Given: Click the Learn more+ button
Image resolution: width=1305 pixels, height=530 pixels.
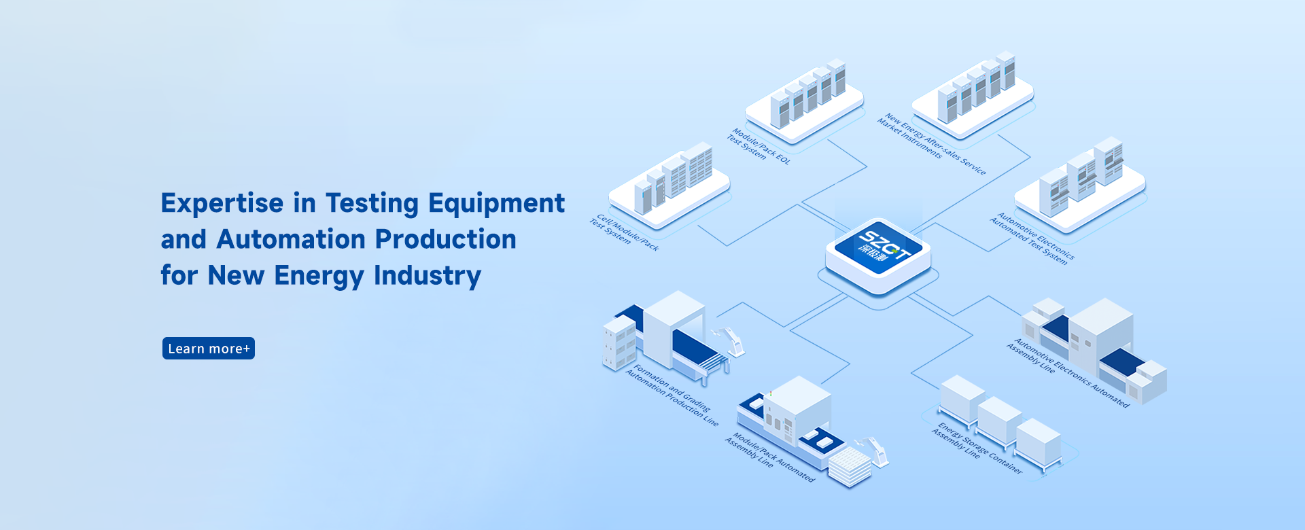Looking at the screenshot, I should [x=208, y=349].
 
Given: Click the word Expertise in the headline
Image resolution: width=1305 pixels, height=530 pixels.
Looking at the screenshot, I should [x=222, y=203].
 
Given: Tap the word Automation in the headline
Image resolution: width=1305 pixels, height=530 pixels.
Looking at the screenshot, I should [x=291, y=239].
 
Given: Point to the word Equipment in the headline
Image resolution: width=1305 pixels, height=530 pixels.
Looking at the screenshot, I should [x=496, y=203].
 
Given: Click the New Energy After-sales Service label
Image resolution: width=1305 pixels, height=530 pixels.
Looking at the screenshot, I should [x=930, y=143].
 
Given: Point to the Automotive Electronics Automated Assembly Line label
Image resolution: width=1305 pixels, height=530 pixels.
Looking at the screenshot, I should [x=1066, y=372].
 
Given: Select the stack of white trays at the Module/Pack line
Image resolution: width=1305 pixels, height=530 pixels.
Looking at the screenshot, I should [x=849, y=467].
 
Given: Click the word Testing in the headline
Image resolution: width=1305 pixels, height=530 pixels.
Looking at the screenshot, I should [x=372, y=203].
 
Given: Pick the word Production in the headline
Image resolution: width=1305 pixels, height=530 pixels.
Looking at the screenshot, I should [x=445, y=239].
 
